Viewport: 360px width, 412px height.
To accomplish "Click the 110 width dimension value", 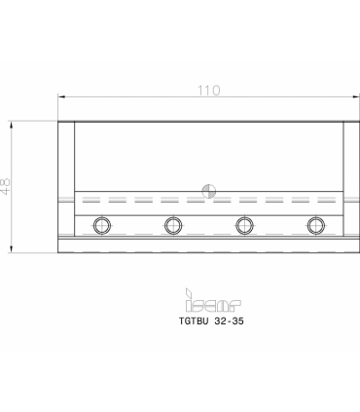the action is (209, 91).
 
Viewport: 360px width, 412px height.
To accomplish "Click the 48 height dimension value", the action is (6, 187).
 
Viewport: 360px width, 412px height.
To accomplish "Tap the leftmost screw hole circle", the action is (102, 225).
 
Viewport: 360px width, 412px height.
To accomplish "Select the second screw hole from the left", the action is (173, 225).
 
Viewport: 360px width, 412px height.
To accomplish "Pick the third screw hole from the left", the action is (244, 225).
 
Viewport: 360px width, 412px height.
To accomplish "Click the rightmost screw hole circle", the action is (316, 225).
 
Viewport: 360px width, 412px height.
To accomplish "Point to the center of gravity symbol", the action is (209, 191).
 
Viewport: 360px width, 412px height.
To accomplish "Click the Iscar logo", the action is (213, 300).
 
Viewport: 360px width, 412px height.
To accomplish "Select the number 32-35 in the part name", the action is (229, 321).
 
